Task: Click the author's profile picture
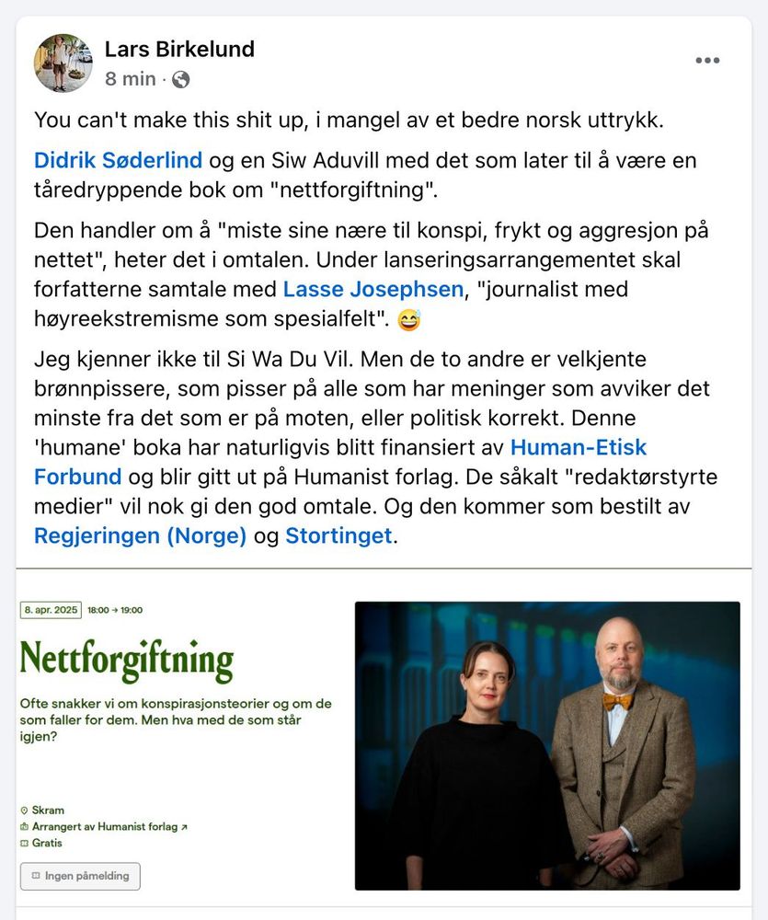pos(63,63)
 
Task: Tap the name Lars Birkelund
pos(179,49)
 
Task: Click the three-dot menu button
pos(707,61)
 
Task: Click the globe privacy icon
pos(181,80)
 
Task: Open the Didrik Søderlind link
pos(118,161)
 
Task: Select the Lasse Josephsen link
pos(373,290)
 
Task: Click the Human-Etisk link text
pos(579,448)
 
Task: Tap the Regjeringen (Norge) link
pos(140,536)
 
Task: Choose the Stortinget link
pos(338,536)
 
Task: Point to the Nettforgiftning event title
pos(127,660)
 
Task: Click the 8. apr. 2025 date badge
pos(52,610)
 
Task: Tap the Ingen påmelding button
pos(81,876)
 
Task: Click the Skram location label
pos(48,811)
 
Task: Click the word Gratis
pos(47,843)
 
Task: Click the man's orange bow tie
pos(617,700)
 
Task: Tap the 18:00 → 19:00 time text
pos(115,610)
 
